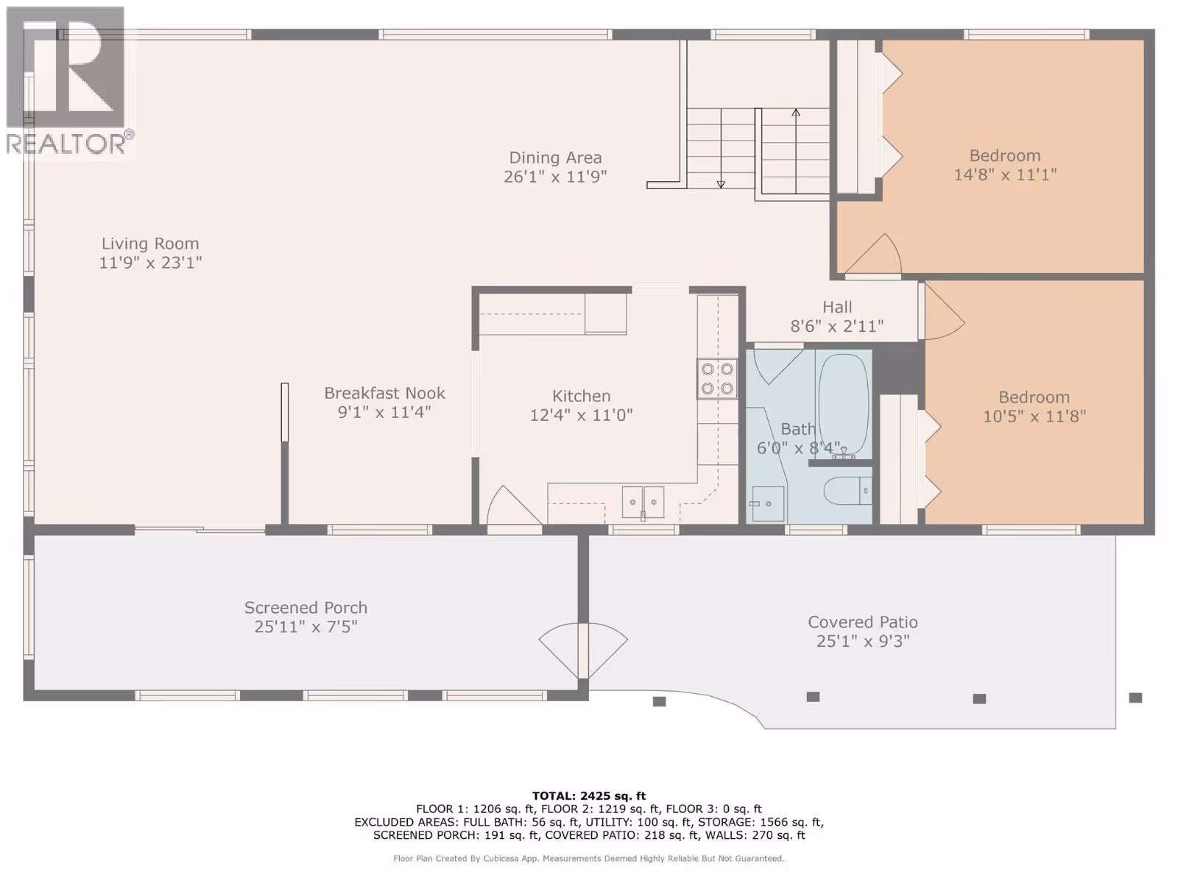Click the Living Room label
(x=150, y=244)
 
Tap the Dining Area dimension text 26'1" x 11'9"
(x=555, y=177)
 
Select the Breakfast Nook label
(x=384, y=393)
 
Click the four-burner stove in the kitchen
(x=717, y=379)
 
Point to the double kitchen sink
(x=643, y=503)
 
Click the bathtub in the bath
(x=843, y=404)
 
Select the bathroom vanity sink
(x=767, y=504)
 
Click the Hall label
(x=837, y=307)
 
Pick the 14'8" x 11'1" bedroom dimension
(x=1005, y=174)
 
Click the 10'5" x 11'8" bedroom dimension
(x=1034, y=416)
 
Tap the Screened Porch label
(x=306, y=608)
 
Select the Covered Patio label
(x=863, y=622)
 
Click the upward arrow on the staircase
(x=796, y=151)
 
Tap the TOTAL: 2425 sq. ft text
(x=589, y=795)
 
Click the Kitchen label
(x=581, y=396)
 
